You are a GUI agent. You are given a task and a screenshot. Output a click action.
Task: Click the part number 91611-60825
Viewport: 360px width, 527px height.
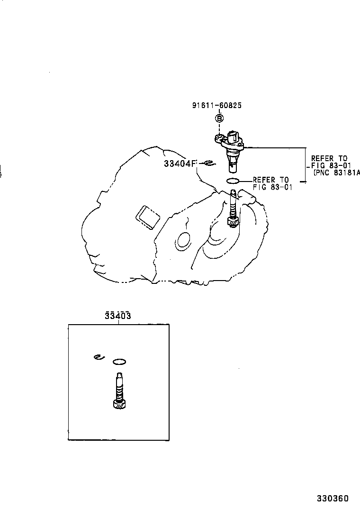click(216, 105)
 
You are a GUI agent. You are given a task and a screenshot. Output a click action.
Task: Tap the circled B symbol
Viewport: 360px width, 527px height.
click(220, 118)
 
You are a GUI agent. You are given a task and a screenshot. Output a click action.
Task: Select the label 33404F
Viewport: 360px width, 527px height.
click(180, 164)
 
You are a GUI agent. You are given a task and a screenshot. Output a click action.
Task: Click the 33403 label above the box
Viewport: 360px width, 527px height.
click(118, 316)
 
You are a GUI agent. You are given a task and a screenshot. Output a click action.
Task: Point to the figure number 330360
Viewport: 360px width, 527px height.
click(333, 499)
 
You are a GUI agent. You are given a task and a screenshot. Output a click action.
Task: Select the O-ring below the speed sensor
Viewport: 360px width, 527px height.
click(234, 180)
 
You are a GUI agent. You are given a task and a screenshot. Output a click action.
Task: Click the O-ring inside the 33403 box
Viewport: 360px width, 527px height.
click(120, 362)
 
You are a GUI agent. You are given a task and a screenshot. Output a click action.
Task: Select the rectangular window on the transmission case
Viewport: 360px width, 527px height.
click(148, 217)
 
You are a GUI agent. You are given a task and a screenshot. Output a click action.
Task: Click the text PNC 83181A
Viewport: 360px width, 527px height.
click(337, 173)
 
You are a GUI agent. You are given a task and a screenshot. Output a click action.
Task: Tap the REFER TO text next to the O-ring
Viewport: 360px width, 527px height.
click(270, 180)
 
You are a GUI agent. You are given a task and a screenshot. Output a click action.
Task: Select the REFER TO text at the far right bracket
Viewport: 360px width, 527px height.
click(329, 158)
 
